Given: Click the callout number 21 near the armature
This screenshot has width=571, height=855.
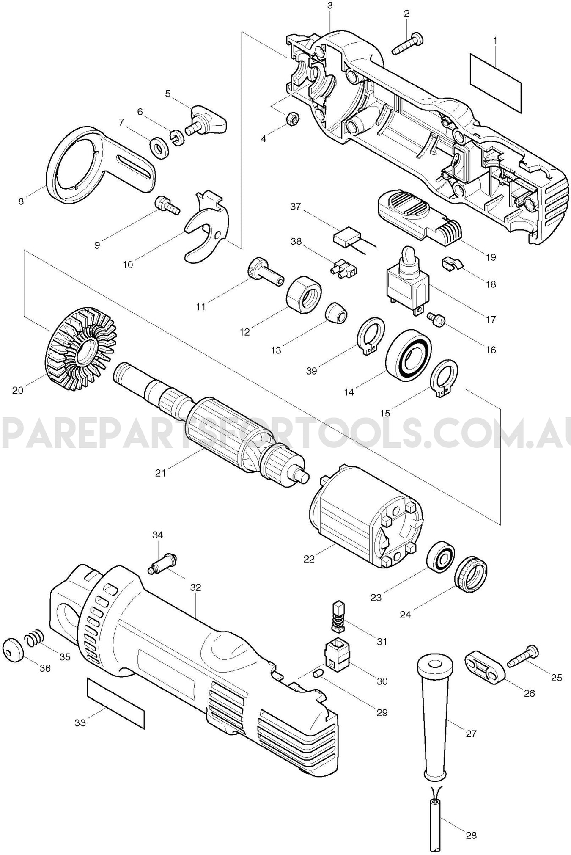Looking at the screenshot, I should pyautogui.click(x=161, y=473).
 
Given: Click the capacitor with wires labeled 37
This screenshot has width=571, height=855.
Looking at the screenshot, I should pyautogui.click(x=346, y=238).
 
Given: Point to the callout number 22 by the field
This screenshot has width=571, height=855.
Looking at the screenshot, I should pyautogui.click(x=309, y=559).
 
